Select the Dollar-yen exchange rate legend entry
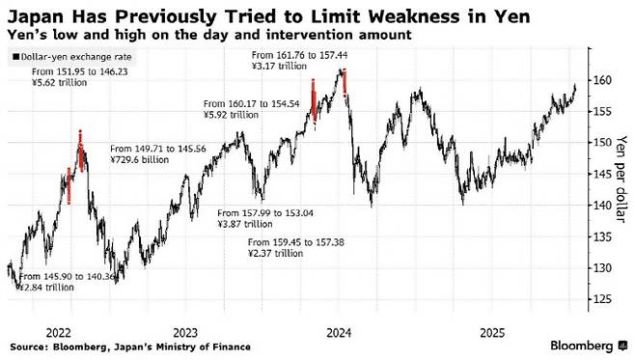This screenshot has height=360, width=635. (72, 57)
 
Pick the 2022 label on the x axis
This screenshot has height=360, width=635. (58, 333)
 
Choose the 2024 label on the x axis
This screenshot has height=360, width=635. (339, 333)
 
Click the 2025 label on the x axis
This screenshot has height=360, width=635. (492, 333)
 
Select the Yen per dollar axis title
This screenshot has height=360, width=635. (621, 179)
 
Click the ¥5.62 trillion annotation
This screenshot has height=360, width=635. (60, 83)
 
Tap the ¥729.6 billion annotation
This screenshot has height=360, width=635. (139, 160)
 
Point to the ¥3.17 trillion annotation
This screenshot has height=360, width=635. (279, 66)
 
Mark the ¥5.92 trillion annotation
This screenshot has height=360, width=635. (231, 115)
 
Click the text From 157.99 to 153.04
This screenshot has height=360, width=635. (265, 213)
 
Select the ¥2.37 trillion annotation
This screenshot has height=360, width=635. (275, 254)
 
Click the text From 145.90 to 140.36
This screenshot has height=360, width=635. (67, 277)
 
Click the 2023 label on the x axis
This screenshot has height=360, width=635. (185, 333)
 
